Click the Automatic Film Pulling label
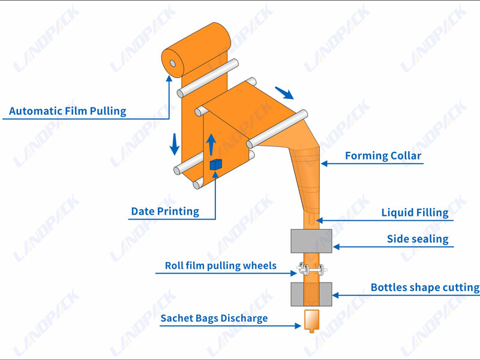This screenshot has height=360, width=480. (68, 111)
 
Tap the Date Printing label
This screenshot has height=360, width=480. (165, 211)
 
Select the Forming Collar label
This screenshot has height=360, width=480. (383, 156)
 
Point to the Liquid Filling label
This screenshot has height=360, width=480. (415, 212)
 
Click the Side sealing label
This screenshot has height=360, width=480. (417, 239)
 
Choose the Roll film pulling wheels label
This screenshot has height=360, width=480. (221, 265)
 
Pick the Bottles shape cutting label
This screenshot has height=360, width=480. (425, 288)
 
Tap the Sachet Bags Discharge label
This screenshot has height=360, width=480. (214, 318)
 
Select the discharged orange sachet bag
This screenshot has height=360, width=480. (311, 320)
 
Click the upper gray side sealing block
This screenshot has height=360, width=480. (311, 240)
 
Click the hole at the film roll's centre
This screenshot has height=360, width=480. (172, 63)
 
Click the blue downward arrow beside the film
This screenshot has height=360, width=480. (175, 144)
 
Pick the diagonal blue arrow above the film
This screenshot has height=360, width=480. (284, 93)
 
